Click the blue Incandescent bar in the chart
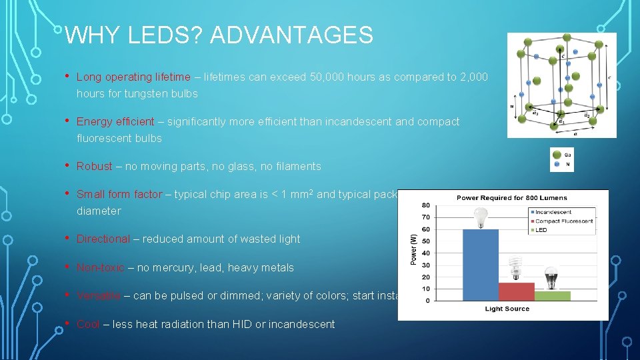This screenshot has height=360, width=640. pyautogui.click(x=481, y=265)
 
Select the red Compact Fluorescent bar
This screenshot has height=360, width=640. pyautogui.click(x=516, y=291)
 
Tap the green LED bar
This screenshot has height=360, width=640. pyautogui.click(x=552, y=295)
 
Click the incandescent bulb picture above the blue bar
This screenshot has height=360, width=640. pyautogui.click(x=480, y=217)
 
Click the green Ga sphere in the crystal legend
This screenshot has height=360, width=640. pyautogui.click(x=557, y=154)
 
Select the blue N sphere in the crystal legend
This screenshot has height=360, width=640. pyautogui.click(x=557, y=165)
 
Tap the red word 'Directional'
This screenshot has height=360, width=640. pyautogui.click(x=103, y=239)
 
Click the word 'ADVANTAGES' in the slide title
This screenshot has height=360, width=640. pyautogui.click(x=291, y=35)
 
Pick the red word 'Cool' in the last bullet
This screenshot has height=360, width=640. pyautogui.click(x=88, y=325)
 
